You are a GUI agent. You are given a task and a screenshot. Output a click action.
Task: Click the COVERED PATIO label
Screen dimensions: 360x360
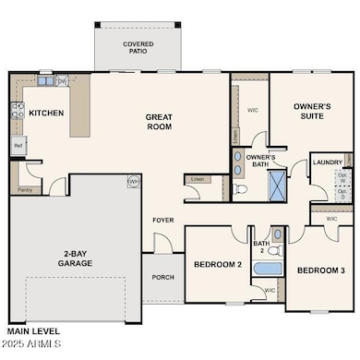tap(138, 47)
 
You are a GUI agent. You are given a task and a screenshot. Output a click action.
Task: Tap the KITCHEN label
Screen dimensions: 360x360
tap(45, 113)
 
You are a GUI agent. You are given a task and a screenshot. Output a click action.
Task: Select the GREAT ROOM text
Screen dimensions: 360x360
tap(160, 123)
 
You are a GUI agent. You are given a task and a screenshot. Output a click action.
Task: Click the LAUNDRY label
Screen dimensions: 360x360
tap(327, 162)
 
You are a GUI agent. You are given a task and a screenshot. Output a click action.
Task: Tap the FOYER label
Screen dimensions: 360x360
tap(163, 221)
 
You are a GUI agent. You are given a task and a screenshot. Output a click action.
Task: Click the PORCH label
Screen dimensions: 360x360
tap(162, 277)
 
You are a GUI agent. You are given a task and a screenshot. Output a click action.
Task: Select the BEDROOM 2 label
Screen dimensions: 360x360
tap(217, 265)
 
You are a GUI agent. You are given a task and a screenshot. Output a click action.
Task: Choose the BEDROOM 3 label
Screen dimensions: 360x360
tap(320, 270)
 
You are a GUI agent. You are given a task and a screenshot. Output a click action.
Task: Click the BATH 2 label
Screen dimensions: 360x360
tap(262, 247)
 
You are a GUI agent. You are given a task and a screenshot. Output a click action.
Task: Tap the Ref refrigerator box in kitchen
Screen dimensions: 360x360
tap(18, 146)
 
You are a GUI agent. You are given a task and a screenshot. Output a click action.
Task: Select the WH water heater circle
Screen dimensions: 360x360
tap(133, 182)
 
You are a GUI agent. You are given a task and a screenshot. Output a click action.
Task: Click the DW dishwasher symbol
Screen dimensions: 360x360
tap(61, 81)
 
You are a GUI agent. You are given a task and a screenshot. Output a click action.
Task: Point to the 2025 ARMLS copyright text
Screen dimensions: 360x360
tap(30, 345)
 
